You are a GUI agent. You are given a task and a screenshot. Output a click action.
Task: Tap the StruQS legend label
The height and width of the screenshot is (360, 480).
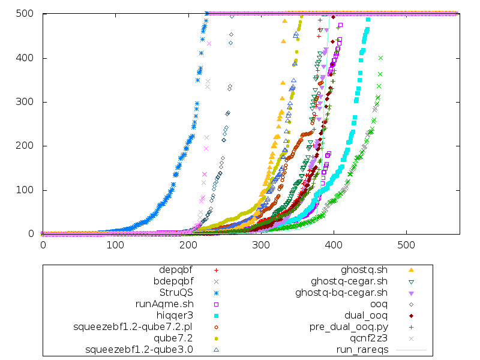pyautogui.click(x=176, y=292)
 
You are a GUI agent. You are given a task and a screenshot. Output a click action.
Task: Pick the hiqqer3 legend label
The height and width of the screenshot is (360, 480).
pyautogui.click(x=175, y=315)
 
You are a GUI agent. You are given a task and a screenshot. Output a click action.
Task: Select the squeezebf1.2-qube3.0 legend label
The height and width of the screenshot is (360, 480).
pyautogui.click(x=139, y=349)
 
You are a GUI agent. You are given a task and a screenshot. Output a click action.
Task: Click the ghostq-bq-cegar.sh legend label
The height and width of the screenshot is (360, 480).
pyautogui.click(x=341, y=292)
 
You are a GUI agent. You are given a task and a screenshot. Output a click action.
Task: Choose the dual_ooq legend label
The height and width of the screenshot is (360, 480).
pyautogui.click(x=366, y=315)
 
